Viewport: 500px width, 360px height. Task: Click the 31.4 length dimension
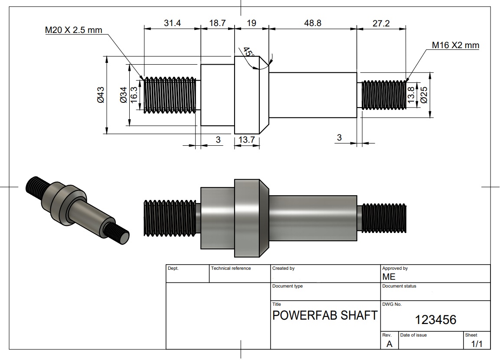172,23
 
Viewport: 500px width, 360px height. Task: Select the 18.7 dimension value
217,23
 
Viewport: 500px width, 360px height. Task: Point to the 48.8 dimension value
313,23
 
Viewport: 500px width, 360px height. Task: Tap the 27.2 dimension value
381,23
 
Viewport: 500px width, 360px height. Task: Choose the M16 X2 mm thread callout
455,45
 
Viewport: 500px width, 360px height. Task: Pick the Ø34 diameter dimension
123,95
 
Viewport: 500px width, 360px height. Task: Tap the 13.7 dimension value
246,140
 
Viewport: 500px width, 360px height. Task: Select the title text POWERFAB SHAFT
325,315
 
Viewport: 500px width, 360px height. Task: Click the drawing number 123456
435,320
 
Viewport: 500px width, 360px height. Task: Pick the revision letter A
389,344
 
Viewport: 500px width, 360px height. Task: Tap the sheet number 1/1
477,344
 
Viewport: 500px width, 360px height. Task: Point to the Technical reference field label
231,268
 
